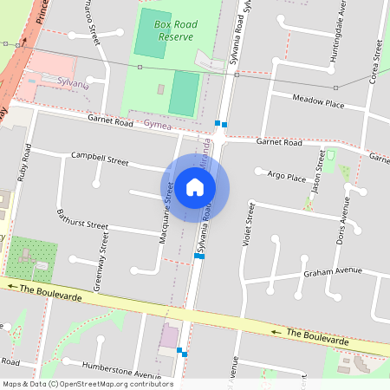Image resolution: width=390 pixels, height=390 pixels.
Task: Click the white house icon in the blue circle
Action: coord(195,187)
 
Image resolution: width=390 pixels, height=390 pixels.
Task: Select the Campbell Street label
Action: coord(100,160)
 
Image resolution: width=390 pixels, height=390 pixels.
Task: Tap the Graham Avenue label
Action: coord(332,271)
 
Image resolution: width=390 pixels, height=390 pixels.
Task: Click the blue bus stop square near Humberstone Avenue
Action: coord(181,352)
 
